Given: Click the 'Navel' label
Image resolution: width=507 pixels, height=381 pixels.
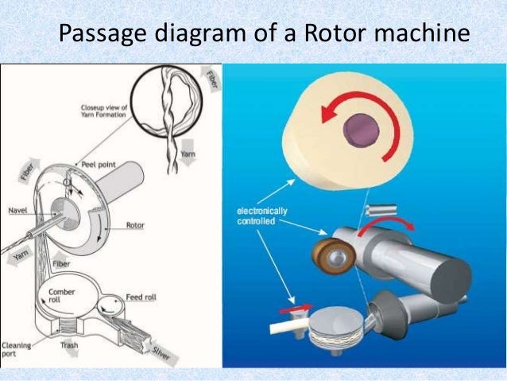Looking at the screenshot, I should pos(19,211).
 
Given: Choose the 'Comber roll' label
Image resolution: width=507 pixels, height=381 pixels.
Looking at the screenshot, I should pos(62,297).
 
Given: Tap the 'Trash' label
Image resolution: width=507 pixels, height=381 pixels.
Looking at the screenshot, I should pos(68,345).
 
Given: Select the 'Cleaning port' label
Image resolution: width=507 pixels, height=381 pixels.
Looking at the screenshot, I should pos(16,351).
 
